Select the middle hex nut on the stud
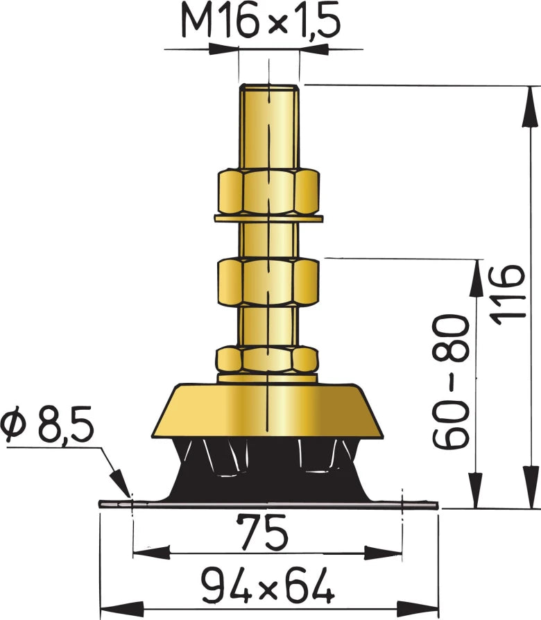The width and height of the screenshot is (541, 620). coord(268,281)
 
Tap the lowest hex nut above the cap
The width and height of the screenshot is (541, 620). coord(268,359)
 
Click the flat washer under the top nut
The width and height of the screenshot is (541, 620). coord(268,219)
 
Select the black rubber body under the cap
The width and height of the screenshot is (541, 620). coord(267,472)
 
